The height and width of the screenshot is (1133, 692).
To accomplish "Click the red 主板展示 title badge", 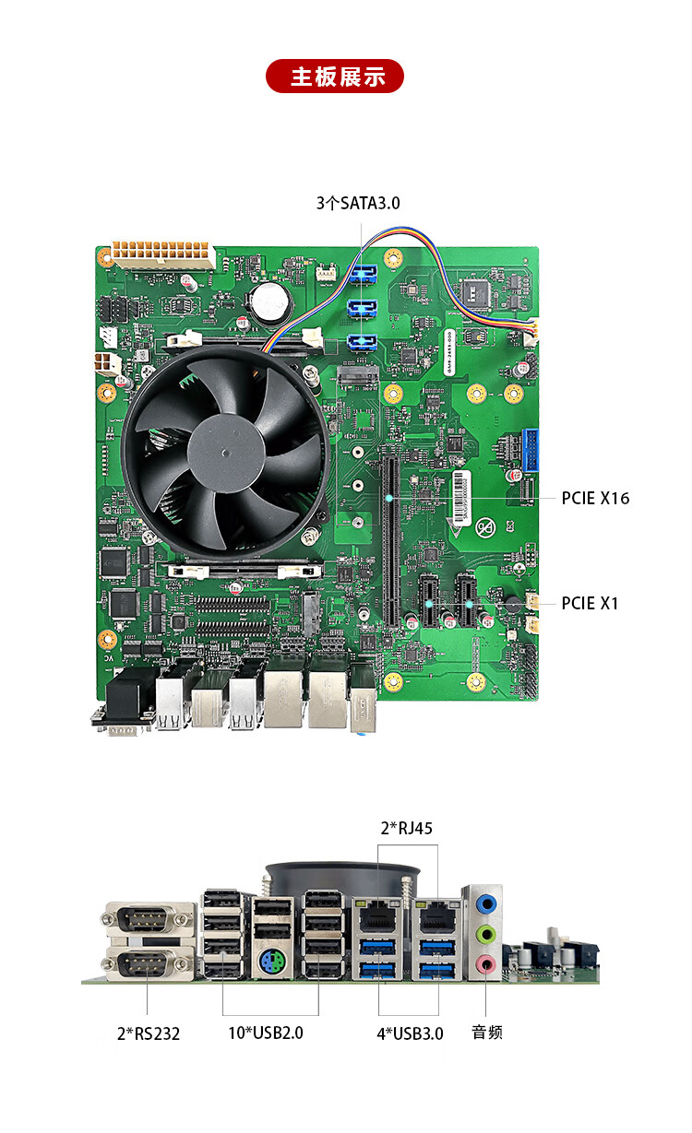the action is tap(335, 77).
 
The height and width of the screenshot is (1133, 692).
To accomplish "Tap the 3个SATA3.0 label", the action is tap(358, 204).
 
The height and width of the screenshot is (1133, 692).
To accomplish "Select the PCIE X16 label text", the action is tap(595, 498).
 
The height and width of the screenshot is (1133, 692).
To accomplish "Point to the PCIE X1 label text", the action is tap(590, 604).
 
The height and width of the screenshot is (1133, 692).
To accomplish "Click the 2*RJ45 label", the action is tap(407, 829).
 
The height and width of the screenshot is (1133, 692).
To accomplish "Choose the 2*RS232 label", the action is tap(149, 1033).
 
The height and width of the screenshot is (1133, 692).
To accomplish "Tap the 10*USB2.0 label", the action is tap(266, 1033).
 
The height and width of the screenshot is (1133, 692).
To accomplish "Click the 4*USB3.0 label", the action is tap(410, 1033).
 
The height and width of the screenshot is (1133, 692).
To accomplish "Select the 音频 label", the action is tap(487, 1033).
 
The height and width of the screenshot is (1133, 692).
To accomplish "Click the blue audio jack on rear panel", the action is tap(486, 903).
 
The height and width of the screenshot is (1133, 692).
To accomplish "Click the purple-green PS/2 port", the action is tap(272, 961).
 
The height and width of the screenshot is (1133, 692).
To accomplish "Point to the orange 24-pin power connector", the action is tap(161, 254).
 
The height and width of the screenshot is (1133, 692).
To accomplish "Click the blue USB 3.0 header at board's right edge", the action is tap(531, 450).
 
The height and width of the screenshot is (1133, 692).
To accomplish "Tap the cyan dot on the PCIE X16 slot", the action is tap(388, 498).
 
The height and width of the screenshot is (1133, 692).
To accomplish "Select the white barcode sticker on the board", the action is tap(461, 497).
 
